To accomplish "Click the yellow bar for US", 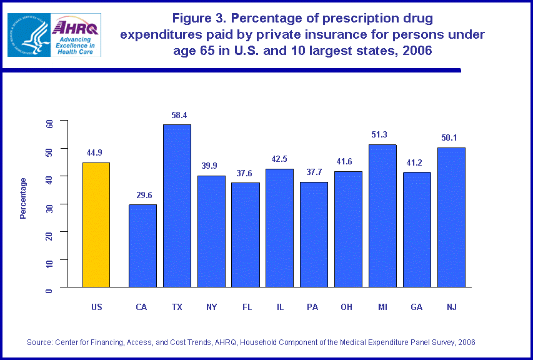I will click(x=96, y=225).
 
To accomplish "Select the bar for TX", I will click(x=177, y=206).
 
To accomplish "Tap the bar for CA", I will click(x=142, y=246).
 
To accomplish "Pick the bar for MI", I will click(x=382, y=216).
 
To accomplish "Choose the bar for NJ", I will click(x=451, y=217).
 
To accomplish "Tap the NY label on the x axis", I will click(x=211, y=307).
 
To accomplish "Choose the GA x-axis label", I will click(x=417, y=307).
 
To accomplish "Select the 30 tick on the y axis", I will click(x=49, y=204).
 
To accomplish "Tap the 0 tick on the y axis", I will click(x=49, y=287).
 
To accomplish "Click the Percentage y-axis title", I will click(x=23, y=198).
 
